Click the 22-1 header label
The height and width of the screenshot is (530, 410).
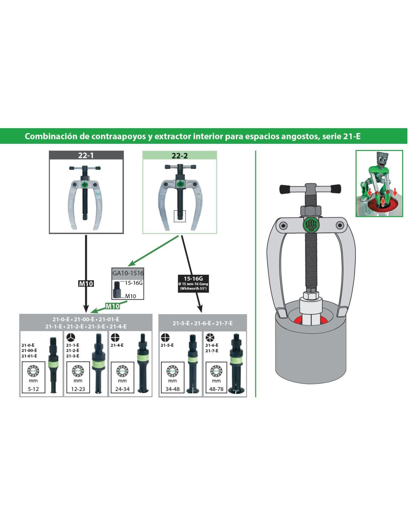86,155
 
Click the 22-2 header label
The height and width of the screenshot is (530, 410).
180,155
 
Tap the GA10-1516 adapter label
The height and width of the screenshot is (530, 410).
128,273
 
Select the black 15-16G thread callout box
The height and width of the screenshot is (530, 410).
193,284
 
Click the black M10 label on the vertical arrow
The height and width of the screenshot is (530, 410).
86,284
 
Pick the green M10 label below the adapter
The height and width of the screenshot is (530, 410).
113,306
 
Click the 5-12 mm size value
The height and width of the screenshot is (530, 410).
33,389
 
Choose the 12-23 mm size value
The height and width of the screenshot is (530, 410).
78,389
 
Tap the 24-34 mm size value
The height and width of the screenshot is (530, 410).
122,389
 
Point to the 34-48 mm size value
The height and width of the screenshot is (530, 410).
172,389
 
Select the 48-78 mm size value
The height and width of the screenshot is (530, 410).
216,389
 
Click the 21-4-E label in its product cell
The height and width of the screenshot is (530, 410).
117,345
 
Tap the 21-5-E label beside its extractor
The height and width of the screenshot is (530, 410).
167,345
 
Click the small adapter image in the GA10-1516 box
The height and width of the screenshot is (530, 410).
117,290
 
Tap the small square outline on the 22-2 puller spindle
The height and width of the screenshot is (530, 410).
180,216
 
